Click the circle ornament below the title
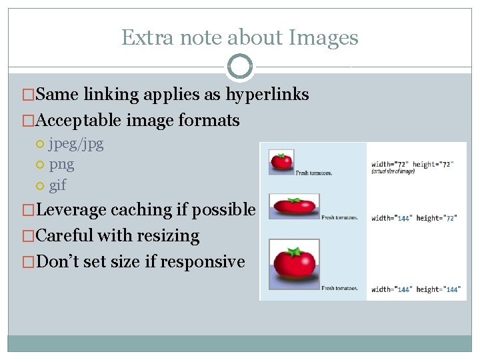[240, 67]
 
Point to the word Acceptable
[73, 121]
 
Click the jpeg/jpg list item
[76, 143]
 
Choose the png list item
[61, 165]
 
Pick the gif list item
[58, 185]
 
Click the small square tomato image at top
[281, 162]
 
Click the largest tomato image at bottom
[293, 263]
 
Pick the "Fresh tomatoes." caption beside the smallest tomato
[314, 173]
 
